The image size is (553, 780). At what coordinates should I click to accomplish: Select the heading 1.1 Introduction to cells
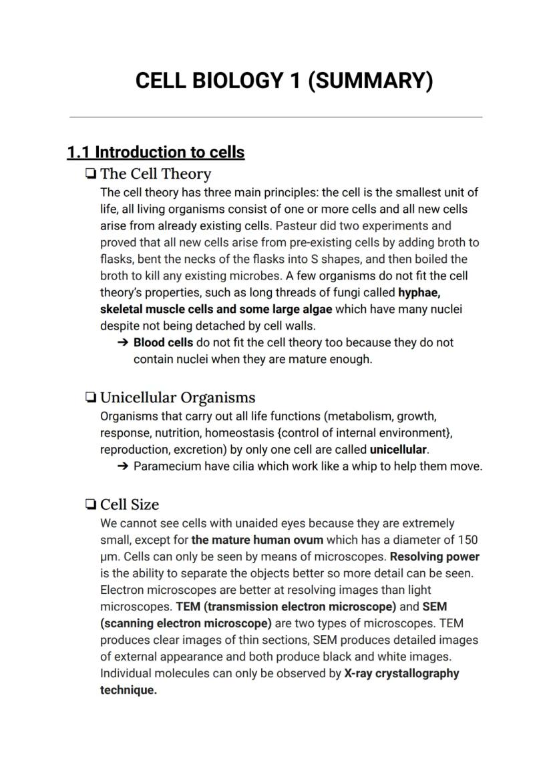point(156,152)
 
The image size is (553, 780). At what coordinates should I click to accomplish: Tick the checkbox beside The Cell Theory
point(90,174)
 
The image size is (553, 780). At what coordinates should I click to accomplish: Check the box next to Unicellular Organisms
point(90,398)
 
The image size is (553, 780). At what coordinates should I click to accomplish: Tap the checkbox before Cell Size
point(90,504)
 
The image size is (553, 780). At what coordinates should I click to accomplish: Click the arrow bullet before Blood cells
point(122,342)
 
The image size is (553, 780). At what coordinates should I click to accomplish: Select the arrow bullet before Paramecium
point(122,466)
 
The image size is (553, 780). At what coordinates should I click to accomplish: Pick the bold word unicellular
point(398,450)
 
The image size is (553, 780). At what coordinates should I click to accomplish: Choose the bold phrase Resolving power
point(434,556)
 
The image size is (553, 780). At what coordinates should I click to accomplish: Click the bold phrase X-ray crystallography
point(401,673)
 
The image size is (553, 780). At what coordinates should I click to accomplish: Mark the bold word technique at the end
point(128,690)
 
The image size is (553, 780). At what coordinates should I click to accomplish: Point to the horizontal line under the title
point(276,117)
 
